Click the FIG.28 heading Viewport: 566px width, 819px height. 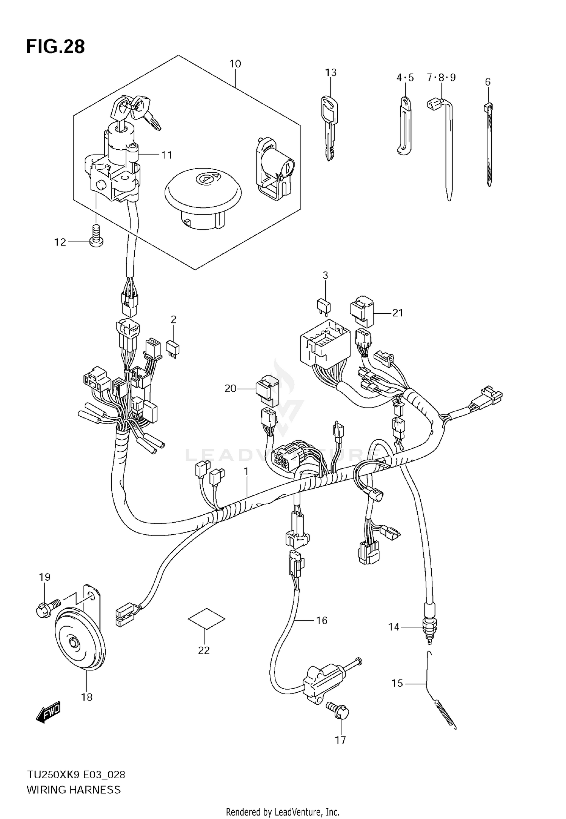[x=55, y=47]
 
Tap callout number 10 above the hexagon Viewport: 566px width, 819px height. [x=235, y=64]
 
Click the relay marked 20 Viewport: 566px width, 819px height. [x=267, y=391]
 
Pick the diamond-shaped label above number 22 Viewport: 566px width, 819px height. [x=206, y=618]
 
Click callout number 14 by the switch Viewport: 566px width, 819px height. [x=394, y=627]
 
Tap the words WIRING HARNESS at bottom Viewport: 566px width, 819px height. [x=74, y=790]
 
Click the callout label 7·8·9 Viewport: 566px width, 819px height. [x=441, y=78]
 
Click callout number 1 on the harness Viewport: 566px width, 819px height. [x=246, y=471]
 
